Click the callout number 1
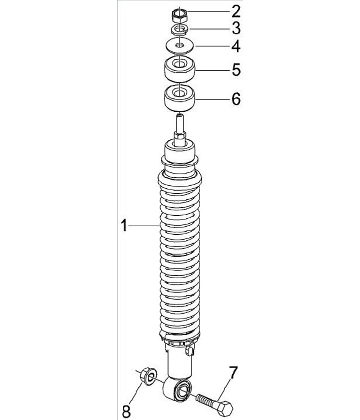click(123, 226)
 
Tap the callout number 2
click(236, 11)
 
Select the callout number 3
click(236, 28)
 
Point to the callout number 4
click(236, 46)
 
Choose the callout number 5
click(236, 69)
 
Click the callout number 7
click(233, 373)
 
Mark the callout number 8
click(126, 411)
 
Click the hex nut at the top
click(179, 16)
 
